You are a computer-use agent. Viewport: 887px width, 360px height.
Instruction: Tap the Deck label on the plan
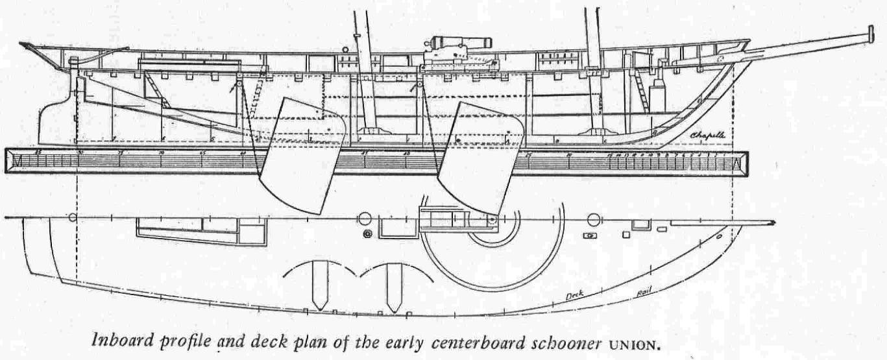(573, 295)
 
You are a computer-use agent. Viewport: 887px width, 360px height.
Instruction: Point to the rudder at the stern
(57, 123)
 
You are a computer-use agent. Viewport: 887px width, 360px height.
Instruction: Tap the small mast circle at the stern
(73, 218)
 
